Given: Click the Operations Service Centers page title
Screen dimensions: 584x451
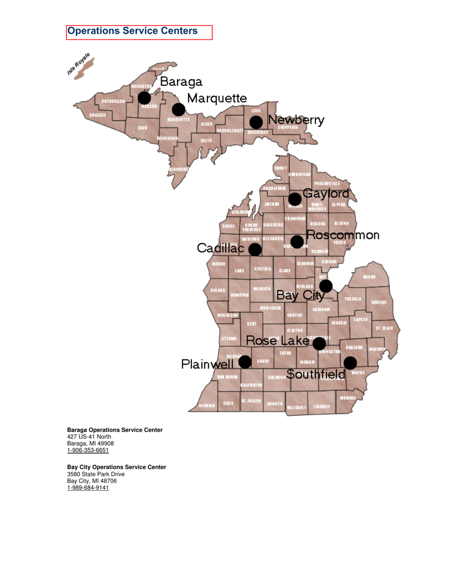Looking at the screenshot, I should tap(132, 31).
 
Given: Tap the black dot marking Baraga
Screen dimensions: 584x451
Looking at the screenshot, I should tap(144, 98).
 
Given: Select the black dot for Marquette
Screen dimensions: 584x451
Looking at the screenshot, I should tap(179, 110).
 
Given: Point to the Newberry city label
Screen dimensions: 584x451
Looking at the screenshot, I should tap(296, 121).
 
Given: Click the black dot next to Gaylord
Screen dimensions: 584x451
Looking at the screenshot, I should tap(295, 199).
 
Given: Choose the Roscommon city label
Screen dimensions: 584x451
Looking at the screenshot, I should tap(343, 235).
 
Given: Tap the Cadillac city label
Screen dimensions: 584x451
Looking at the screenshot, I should tap(221, 248).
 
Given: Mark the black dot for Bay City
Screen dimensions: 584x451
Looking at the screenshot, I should tap(326, 286).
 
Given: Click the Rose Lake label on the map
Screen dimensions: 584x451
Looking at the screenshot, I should tap(278, 340).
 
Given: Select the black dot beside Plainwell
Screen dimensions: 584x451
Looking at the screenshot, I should tap(245, 362).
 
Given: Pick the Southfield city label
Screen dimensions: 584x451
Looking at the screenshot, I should tap(316, 375).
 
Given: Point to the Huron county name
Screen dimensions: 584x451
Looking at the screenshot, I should tap(369, 277).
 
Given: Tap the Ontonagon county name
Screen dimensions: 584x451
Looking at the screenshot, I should tap(113, 101).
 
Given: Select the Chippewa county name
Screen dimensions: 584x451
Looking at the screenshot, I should tap(288, 127).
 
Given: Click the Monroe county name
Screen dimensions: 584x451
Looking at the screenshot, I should tap(348, 397).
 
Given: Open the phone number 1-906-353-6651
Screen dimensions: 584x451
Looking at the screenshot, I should tap(88, 450).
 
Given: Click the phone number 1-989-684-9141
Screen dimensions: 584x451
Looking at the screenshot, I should tap(88, 488).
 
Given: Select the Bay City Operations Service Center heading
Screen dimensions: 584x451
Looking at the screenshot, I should tap(116, 467).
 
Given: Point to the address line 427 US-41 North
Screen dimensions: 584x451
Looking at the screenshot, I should tap(89, 436).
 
